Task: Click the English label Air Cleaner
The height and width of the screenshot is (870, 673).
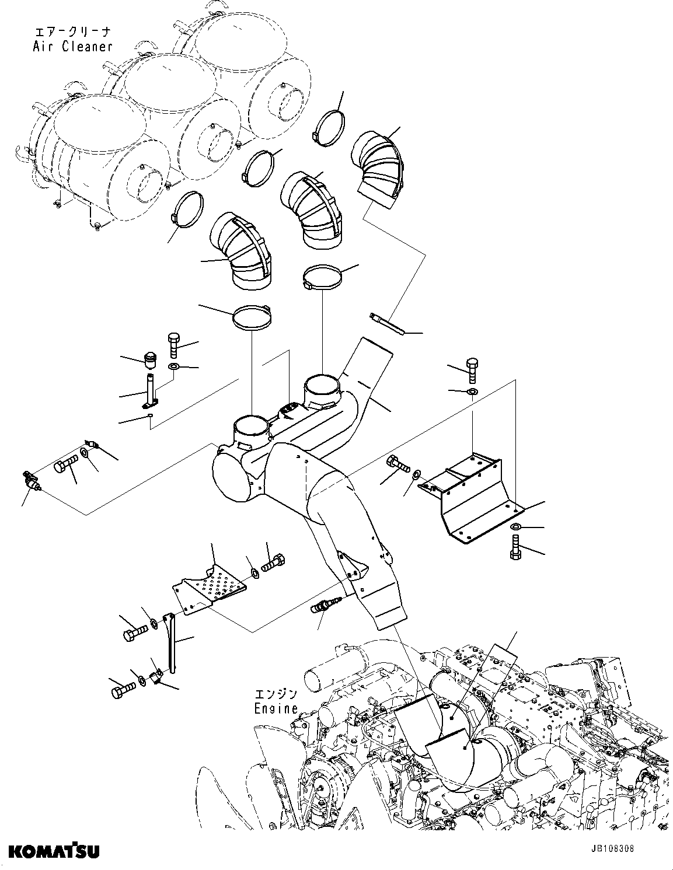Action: pyautogui.click(x=72, y=46)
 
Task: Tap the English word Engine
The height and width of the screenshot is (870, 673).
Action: pyautogui.click(x=276, y=708)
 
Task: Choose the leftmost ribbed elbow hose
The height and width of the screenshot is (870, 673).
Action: pyautogui.click(x=242, y=251)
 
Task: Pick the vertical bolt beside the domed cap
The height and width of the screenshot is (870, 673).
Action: pyautogui.click(x=175, y=345)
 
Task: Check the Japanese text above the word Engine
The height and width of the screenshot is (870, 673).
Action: pyautogui.click(x=276, y=694)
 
